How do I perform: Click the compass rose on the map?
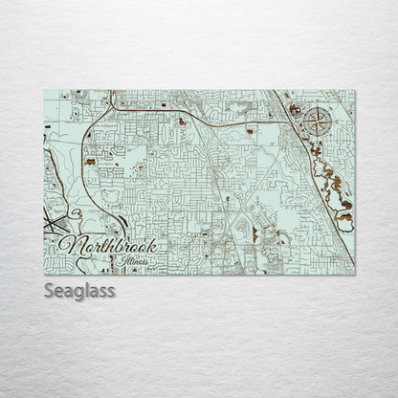(320, 121)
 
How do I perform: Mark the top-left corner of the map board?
(44, 90)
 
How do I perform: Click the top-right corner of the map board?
(355, 90)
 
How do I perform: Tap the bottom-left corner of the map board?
(44, 275)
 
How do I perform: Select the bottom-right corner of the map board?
(355, 275)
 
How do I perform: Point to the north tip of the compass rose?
(320, 107)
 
